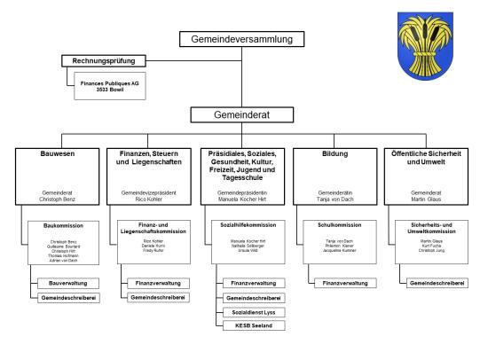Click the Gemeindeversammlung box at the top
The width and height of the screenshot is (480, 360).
pyautogui.click(x=241, y=39)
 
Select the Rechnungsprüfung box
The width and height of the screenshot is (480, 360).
pyautogui.click(x=103, y=61)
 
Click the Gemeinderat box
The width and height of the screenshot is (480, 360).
pyautogui.click(x=241, y=114)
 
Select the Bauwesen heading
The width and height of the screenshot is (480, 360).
pyautogui.click(x=56, y=153)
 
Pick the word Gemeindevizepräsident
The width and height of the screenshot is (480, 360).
pyautogui.click(x=149, y=192)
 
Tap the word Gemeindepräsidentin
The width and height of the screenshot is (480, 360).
pyautogui.click(x=241, y=192)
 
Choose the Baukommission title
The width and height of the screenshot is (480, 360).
pyautogui.click(x=61, y=226)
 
